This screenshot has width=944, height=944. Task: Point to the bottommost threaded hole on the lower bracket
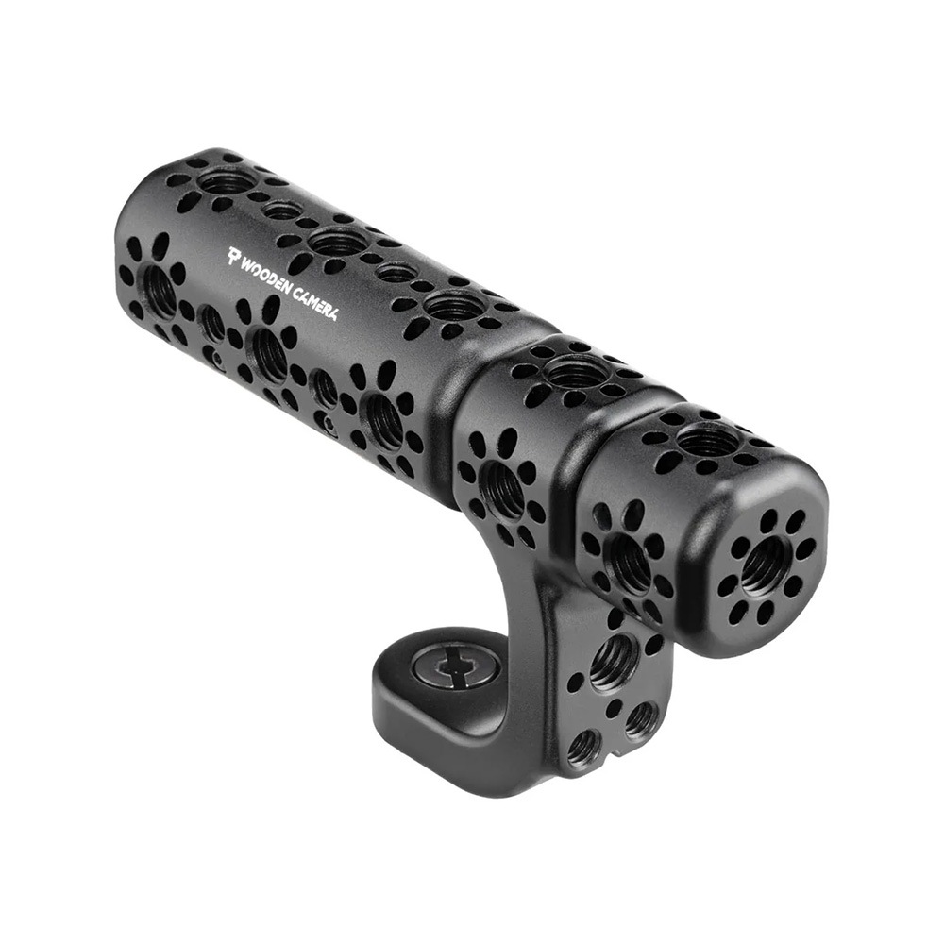click(x=583, y=748)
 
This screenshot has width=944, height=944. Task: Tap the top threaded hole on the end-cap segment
click(x=705, y=438)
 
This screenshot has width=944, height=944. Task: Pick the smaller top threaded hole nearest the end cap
click(x=396, y=274)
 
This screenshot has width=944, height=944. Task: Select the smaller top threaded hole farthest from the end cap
click(x=279, y=210)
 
